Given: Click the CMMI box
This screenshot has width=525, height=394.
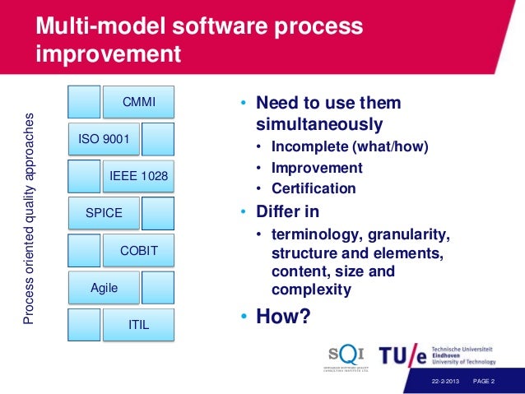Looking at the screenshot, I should [138, 102].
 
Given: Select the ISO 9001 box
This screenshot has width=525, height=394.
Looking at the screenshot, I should [104, 139].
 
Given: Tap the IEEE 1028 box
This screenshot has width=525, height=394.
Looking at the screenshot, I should [138, 176].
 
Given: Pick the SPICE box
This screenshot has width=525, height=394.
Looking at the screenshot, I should [104, 213].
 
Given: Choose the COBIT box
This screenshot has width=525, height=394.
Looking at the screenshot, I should [138, 250].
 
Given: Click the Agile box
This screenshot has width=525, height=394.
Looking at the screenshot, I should [104, 287].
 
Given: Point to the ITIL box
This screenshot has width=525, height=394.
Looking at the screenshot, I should [138, 324].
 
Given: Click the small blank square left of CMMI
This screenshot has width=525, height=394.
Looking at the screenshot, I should [84, 102].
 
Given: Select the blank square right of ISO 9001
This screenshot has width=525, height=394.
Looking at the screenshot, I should [158, 139].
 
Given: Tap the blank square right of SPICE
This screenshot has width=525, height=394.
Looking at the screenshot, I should [158, 213].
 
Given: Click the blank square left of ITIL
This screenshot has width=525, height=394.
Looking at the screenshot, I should [84, 324].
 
